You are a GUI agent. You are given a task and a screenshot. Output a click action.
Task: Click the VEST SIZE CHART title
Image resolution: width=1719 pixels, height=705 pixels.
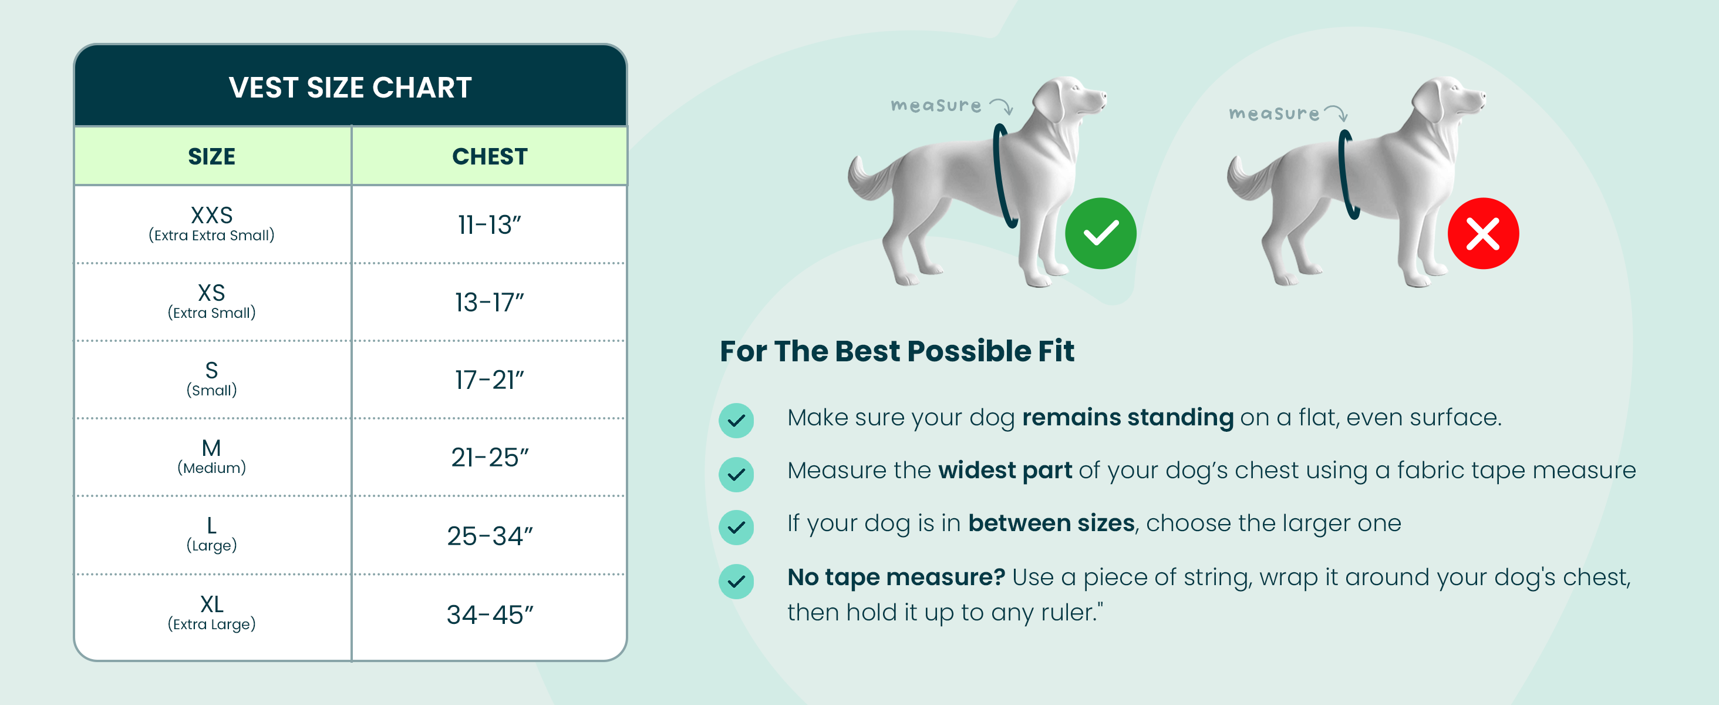350,88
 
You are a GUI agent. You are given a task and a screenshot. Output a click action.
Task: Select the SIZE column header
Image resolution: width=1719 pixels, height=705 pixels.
211,156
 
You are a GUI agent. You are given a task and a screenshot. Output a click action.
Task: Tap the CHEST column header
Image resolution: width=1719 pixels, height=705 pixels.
490,156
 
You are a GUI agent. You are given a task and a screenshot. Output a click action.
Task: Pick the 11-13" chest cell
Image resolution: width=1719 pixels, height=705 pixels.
489,225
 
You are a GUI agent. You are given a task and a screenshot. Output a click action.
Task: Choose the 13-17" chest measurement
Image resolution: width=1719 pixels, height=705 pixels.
489,303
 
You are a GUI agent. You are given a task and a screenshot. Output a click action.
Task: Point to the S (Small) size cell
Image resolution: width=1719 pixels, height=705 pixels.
211,378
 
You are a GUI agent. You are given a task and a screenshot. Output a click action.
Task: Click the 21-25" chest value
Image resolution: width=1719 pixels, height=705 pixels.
490,457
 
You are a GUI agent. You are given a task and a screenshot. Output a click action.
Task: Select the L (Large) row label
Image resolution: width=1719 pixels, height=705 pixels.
211,534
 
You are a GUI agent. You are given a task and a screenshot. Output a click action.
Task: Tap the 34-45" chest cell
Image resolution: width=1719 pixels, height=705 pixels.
490,614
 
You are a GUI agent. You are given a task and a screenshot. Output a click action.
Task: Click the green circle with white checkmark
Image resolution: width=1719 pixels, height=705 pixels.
1100,233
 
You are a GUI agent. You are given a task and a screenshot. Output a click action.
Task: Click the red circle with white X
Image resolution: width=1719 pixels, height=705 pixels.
1483,233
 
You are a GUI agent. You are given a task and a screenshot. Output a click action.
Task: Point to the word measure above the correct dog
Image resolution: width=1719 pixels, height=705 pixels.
936,106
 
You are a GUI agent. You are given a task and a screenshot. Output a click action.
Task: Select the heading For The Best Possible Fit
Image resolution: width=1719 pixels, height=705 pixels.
897,351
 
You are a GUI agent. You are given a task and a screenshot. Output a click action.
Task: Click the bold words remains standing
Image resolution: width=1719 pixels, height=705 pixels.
1128,417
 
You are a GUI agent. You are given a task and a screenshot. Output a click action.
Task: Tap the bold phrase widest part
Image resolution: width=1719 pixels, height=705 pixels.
1005,470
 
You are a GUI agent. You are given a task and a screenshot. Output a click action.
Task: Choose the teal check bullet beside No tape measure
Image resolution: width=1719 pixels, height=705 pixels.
736,581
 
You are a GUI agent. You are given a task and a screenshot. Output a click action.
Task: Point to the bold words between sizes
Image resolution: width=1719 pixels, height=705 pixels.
1051,523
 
